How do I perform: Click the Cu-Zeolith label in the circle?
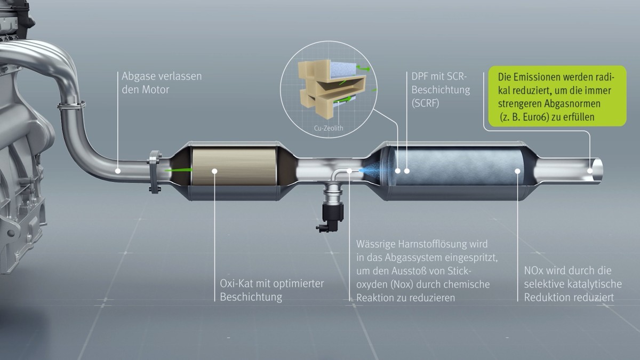(x=329, y=128)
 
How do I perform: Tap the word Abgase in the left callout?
(x=139, y=76)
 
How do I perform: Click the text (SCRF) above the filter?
(x=425, y=103)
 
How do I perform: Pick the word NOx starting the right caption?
(x=532, y=270)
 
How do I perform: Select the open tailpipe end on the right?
(x=597, y=170)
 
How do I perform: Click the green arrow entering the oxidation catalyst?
(x=178, y=170)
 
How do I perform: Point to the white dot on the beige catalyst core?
(x=214, y=171)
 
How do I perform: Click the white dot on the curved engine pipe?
(x=118, y=171)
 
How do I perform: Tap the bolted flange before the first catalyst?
(x=155, y=172)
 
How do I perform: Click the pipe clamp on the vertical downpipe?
(x=71, y=105)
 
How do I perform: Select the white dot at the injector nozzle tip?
(x=349, y=171)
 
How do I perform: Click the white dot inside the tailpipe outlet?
(x=590, y=171)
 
